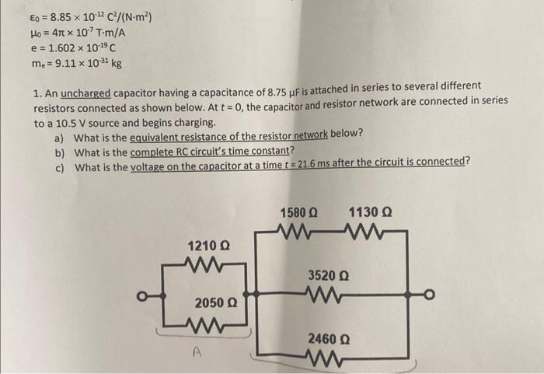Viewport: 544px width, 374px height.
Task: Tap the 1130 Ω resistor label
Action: point(371,212)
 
